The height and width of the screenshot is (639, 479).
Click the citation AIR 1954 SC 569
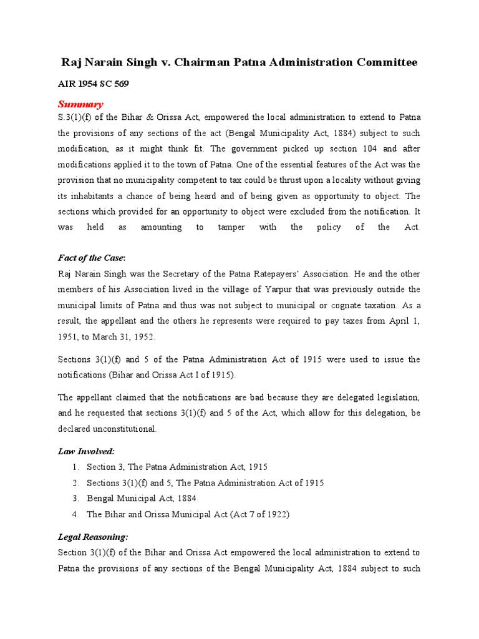(93, 84)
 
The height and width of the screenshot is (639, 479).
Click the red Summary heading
(80, 104)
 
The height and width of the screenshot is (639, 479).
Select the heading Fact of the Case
(91, 258)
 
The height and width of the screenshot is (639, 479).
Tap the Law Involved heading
(86, 451)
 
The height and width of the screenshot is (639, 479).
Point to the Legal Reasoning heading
(93, 537)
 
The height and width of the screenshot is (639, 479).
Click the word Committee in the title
(387, 62)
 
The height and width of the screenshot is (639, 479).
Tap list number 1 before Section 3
(75, 467)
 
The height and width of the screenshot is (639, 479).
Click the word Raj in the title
(70, 62)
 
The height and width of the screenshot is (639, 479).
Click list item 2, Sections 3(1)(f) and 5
(205, 482)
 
